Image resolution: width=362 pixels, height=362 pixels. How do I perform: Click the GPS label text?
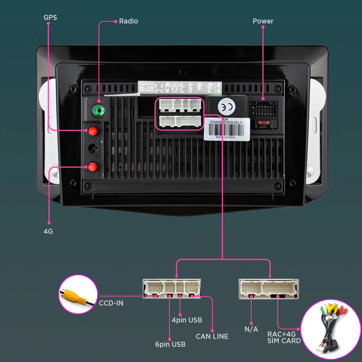tap(50, 17)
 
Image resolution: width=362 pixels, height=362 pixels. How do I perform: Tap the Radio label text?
tap(129, 21)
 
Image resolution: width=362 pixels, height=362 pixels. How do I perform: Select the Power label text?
tap(263, 21)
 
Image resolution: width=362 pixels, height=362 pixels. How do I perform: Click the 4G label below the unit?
tap(48, 231)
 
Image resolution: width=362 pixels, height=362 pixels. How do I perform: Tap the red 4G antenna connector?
tap(93, 167)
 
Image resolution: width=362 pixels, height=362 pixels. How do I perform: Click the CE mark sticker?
tap(224, 107)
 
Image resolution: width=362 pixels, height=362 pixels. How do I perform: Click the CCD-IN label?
tap(111, 303)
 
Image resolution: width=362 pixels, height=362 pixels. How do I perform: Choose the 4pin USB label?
tap(187, 320)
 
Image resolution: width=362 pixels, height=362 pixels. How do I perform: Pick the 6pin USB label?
tap(170, 344)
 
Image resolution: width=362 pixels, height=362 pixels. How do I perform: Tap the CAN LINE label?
tap(212, 336)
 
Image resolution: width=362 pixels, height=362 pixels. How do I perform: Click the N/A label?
tap(251, 329)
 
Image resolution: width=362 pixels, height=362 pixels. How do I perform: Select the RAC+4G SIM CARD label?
tap(284, 337)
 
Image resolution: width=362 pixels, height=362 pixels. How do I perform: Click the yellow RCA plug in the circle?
tap(75, 295)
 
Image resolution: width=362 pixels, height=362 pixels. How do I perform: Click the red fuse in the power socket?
tap(263, 123)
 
